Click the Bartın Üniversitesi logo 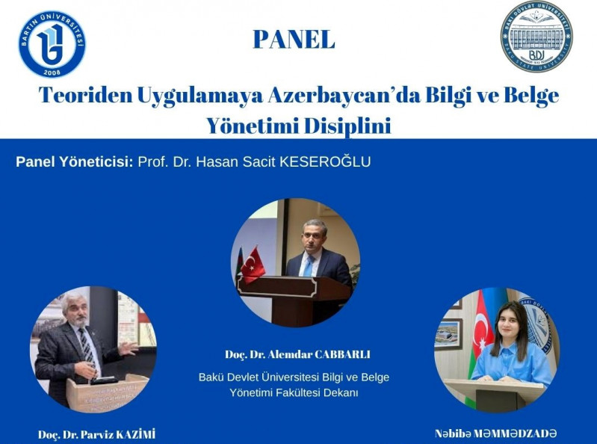[x=52, y=44]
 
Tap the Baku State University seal [x=536, y=37]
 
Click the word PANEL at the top [x=294, y=39]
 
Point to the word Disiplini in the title [x=349, y=125]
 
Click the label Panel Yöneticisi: [x=74, y=161]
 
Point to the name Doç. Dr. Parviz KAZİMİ [x=97, y=434]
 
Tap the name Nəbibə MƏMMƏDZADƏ [x=495, y=434]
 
